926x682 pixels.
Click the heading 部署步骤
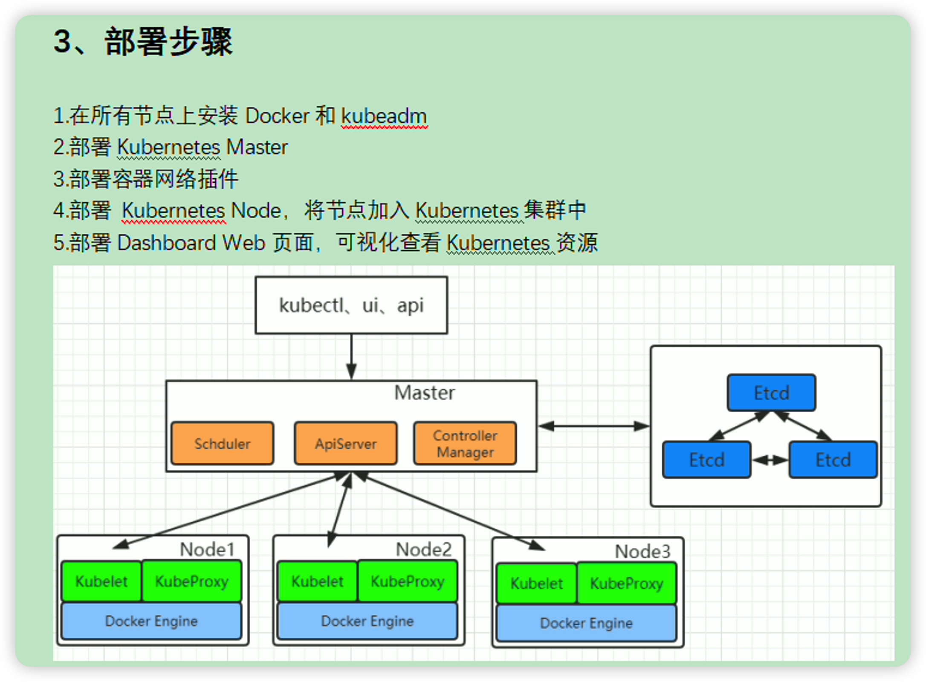(x=168, y=41)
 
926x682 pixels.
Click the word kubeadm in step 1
(x=384, y=116)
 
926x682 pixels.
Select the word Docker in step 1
(x=277, y=116)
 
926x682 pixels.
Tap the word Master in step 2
(x=257, y=147)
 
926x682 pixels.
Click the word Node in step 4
(x=256, y=211)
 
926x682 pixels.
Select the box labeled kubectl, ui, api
(x=351, y=305)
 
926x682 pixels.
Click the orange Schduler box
(x=222, y=443)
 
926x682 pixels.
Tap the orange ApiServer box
(x=346, y=443)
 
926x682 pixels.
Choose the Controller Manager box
(x=465, y=443)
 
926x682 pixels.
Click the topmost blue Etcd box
(x=772, y=393)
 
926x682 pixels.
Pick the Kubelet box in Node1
(x=101, y=581)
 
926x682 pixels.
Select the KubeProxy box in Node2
(x=408, y=581)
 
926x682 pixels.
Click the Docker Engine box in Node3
(x=587, y=623)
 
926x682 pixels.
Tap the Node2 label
(x=423, y=549)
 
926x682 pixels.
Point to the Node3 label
(x=642, y=552)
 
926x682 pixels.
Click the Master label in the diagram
(x=425, y=393)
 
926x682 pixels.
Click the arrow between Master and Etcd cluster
(x=594, y=426)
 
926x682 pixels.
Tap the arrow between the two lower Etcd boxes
(x=770, y=460)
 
